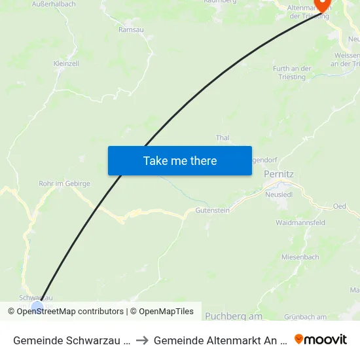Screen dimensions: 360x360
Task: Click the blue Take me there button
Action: [179, 160]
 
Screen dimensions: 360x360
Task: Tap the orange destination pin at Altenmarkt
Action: [322, 5]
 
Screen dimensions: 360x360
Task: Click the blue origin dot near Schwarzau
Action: [37, 306]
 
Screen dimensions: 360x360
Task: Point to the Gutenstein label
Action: [213, 210]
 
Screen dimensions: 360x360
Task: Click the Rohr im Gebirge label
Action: [64, 184]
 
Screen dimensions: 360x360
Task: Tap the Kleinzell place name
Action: [66, 63]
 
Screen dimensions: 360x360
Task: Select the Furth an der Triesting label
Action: [292, 73]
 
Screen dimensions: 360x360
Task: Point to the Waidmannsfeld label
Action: [300, 223]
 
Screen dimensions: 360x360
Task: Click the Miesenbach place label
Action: [300, 257]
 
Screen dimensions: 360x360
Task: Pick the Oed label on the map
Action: [339, 206]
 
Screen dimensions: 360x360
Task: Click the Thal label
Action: [223, 137]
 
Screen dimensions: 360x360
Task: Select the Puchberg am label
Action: [234, 316]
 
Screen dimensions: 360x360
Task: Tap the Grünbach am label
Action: [303, 317]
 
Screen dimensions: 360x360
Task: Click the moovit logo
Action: [321, 339]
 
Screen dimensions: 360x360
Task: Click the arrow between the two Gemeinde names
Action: [142, 340]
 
